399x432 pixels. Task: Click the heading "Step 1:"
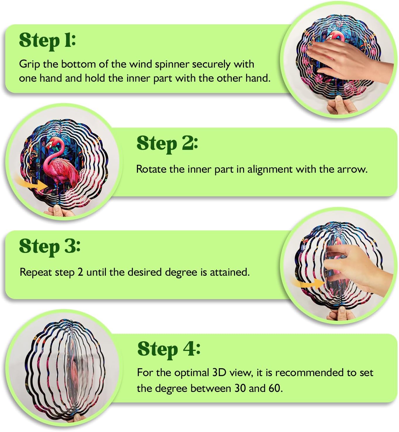(47, 41)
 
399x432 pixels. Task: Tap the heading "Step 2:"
(167, 144)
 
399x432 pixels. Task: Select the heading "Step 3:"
(50, 247)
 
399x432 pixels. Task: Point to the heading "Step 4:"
(169, 350)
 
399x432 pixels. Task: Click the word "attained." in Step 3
(230, 272)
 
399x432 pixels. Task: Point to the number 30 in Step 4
(240, 388)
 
